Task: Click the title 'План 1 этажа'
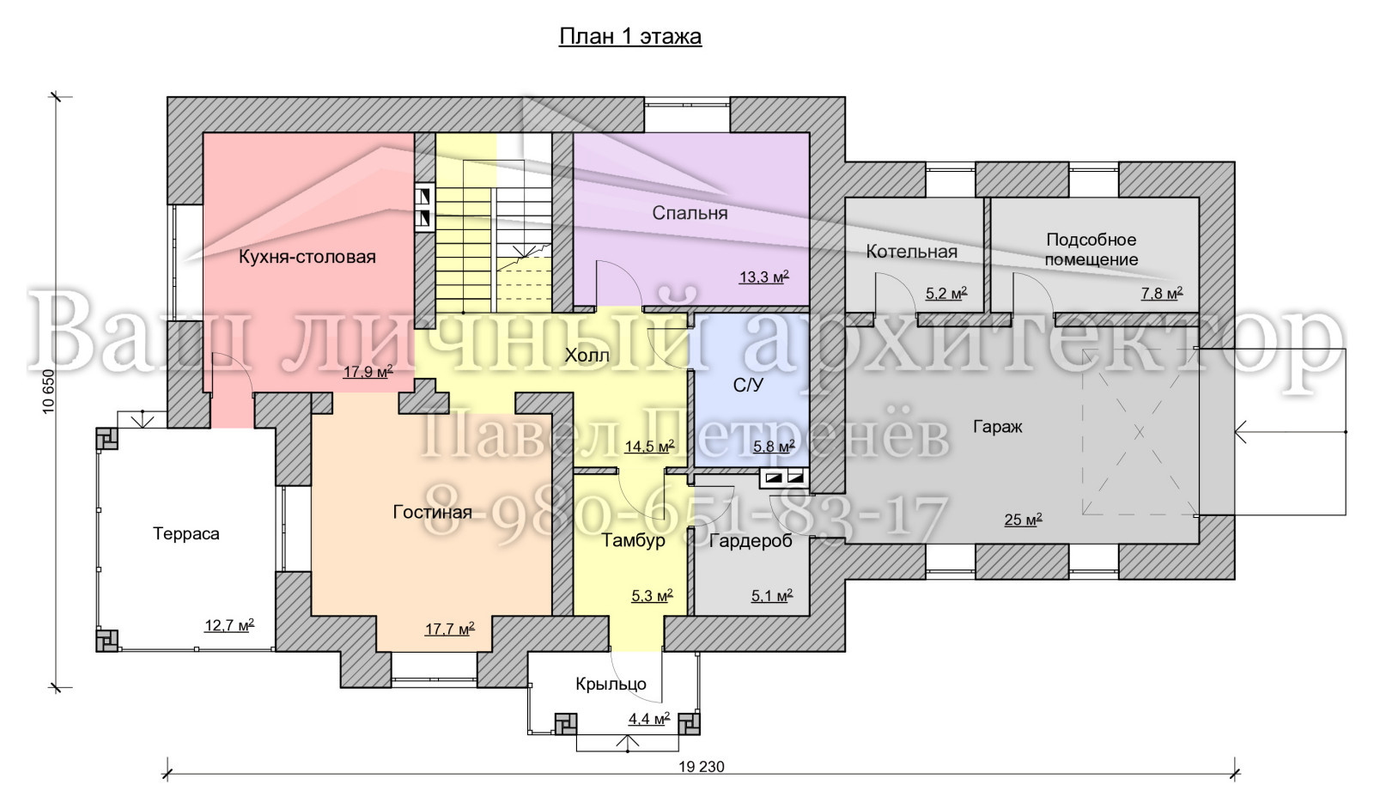point(630,37)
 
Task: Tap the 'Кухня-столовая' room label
point(307,257)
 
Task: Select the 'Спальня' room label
point(690,213)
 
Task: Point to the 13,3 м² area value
point(763,277)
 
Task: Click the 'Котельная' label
point(911,252)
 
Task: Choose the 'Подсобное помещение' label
point(1091,249)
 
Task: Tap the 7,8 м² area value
point(1162,293)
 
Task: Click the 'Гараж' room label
point(997,426)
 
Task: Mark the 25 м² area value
point(1023,520)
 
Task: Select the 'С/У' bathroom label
point(748,386)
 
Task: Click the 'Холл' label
point(587,356)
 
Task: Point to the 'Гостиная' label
point(433,512)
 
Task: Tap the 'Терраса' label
point(185,533)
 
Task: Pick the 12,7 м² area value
point(229,625)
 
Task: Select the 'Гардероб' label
point(751,541)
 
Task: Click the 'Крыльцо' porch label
point(611,684)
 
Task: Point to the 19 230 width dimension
point(701,767)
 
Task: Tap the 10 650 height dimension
point(48,392)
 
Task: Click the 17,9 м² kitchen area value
point(368,371)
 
